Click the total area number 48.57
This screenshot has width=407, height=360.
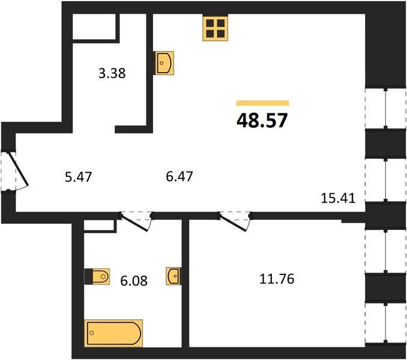click(262, 121)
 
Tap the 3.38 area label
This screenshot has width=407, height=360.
click(112, 73)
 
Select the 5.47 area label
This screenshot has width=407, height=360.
click(79, 177)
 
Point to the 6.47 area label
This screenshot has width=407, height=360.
click(179, 176)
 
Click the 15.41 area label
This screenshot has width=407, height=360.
click(338, 199)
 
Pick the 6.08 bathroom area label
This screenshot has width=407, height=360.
click(134, 280)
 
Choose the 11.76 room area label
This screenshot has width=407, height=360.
click(277, 279)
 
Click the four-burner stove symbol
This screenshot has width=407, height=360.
click(216, 28)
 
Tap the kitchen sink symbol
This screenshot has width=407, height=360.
click(164, 63)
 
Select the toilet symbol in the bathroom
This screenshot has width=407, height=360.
click(97, 277)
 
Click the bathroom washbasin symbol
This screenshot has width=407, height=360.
click(173, 276)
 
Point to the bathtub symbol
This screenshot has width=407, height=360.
click(113, 333)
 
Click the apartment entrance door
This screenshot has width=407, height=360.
click(19, 170)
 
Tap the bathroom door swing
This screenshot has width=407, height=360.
click(136, 221)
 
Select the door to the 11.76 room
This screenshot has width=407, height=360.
click(235, 221)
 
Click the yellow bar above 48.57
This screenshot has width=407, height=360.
click(263, 103)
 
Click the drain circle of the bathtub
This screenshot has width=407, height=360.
click(91, 333)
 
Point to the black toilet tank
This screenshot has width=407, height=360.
click(88, 277)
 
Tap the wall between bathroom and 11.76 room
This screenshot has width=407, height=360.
click(185, 283)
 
